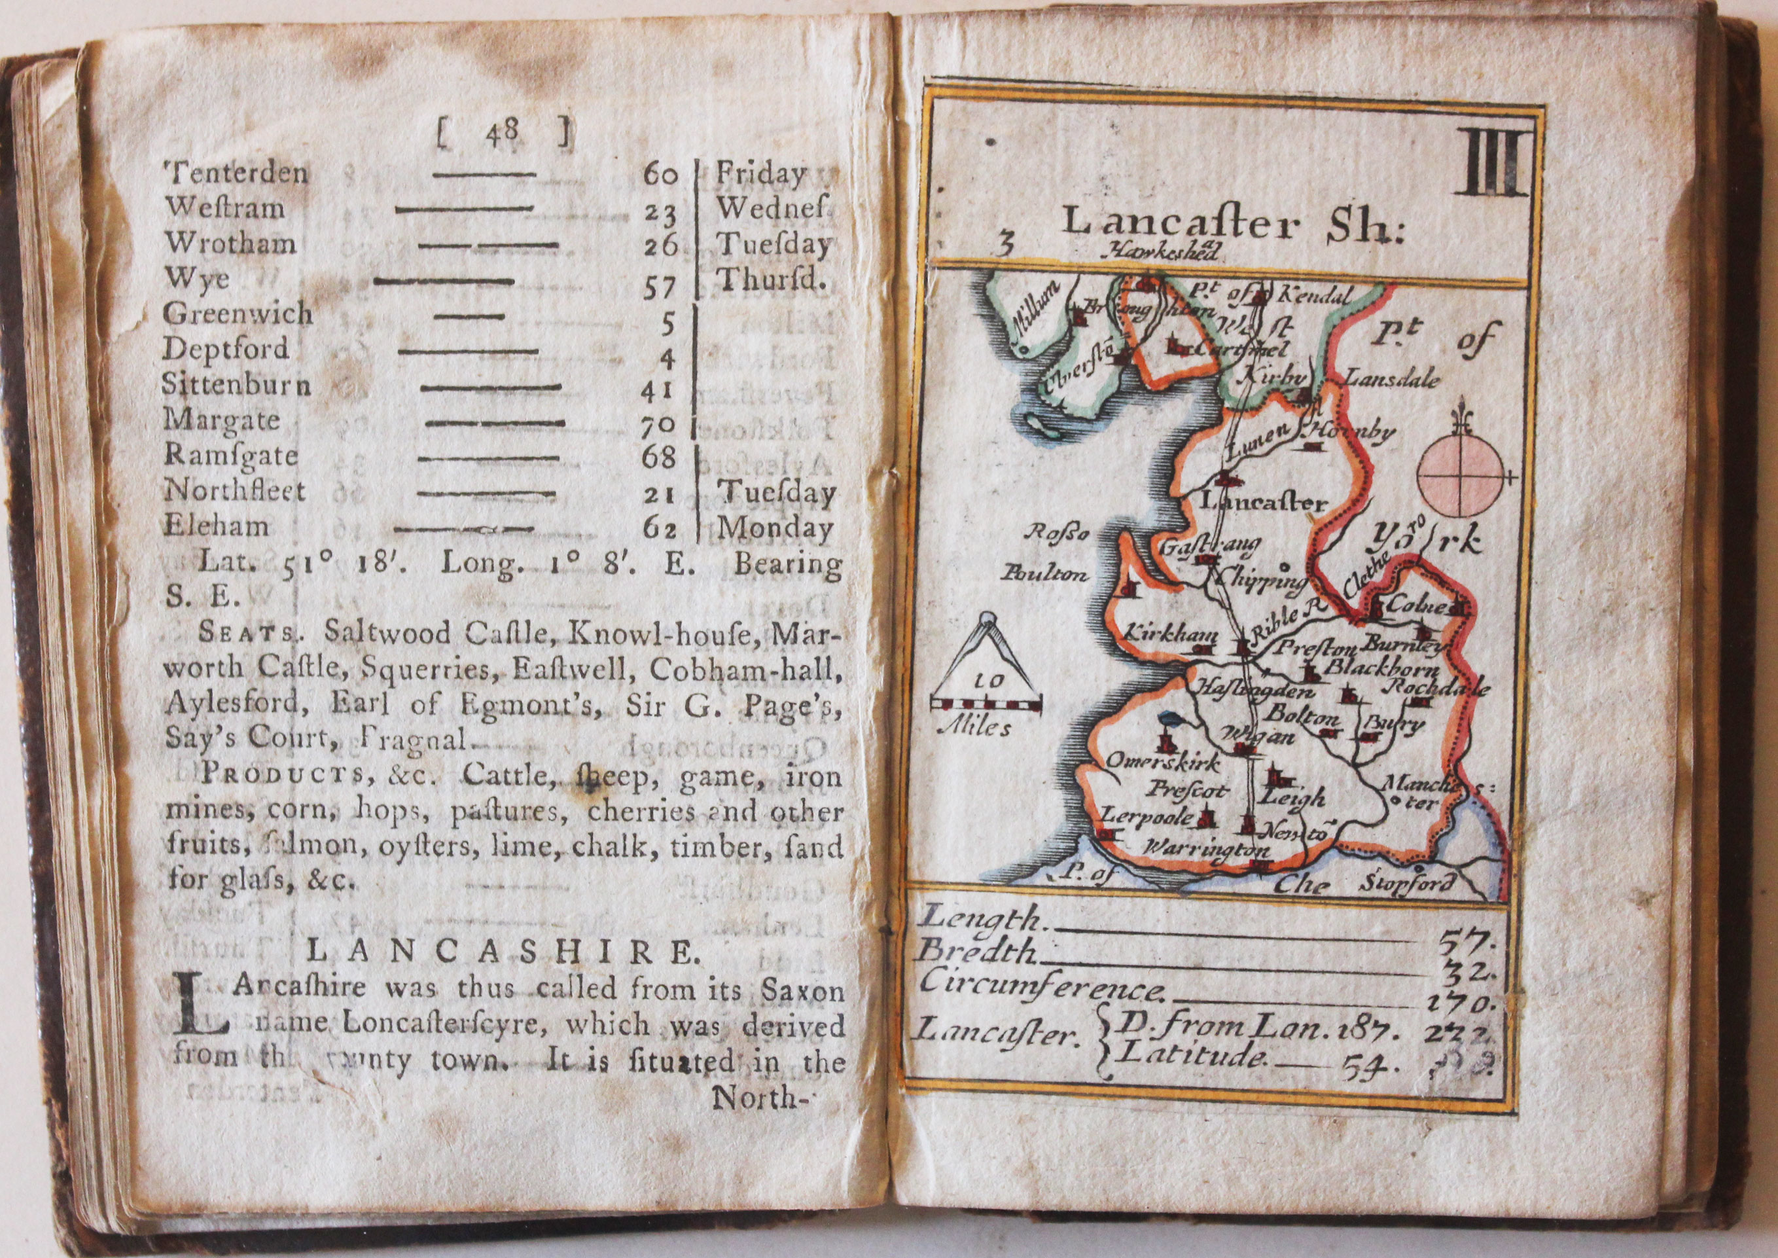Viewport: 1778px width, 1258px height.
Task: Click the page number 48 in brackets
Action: tap(503, 139)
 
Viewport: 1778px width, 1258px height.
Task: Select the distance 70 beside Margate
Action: tap(660, 425)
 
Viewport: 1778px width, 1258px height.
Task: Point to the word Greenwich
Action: tap(238, 314)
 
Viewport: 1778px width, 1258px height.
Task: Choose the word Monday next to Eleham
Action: tap(773, 529)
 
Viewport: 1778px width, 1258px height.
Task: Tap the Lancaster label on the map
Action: tap(1262, 502)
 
